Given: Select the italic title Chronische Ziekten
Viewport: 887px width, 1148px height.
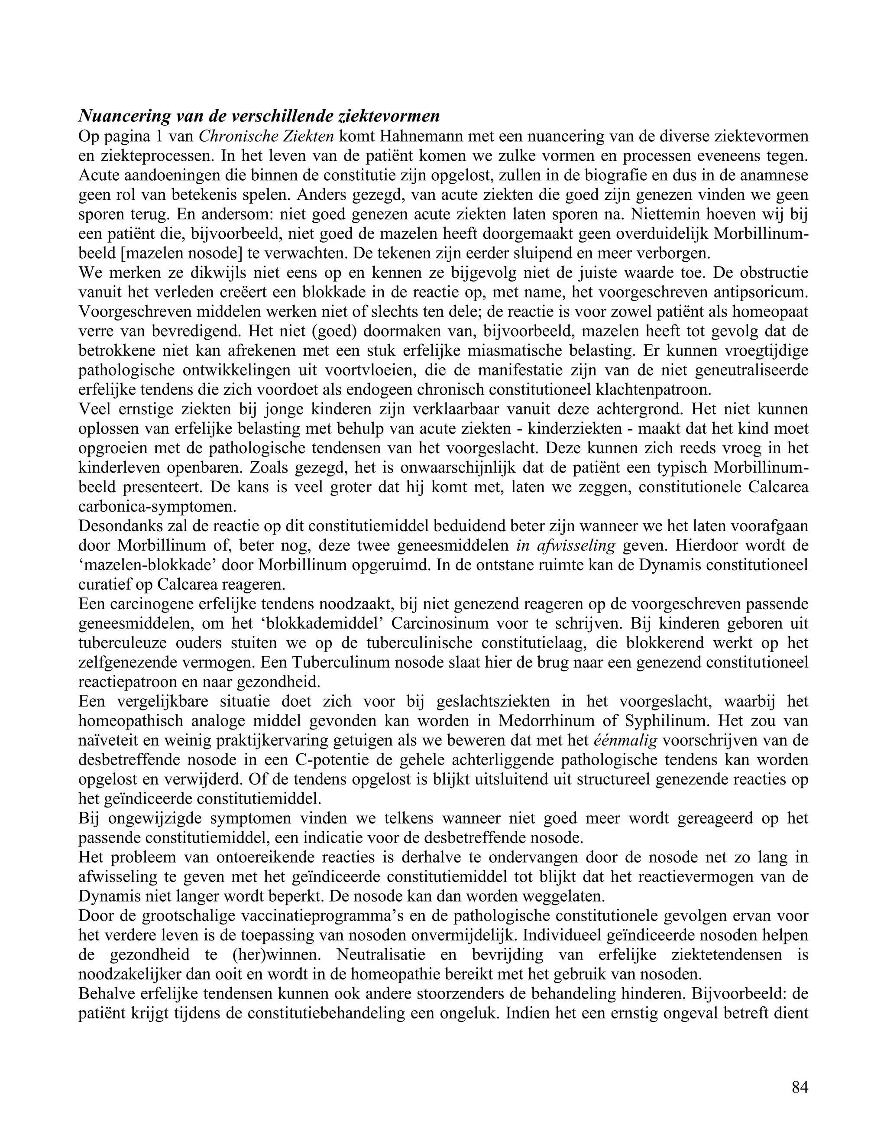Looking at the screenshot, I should coord(266,136).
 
